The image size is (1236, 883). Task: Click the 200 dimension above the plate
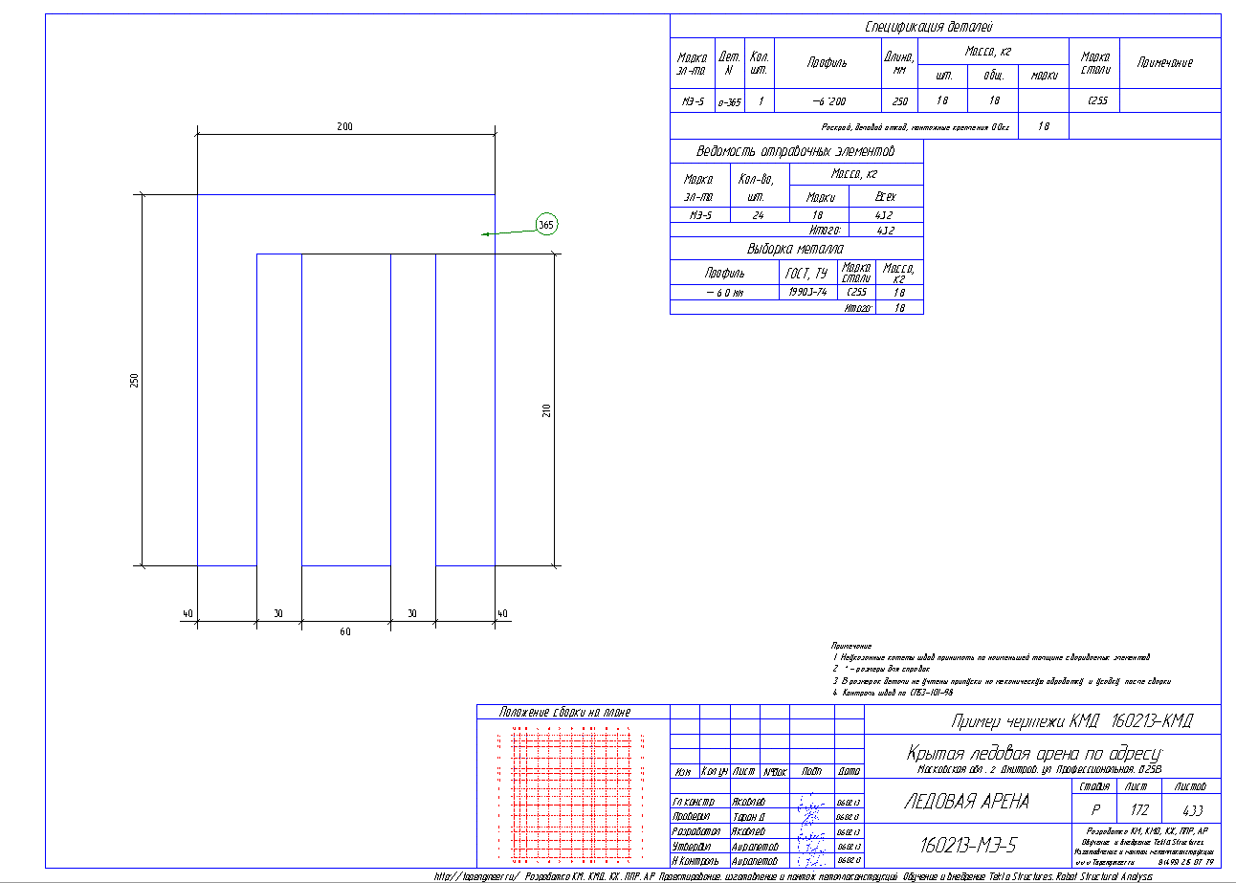click(x=345, y=126)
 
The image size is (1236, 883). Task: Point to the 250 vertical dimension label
click(x=135, y=380)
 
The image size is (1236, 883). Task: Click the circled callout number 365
click(x=545, y=225)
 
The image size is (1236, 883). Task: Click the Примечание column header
click(x=1164, y=62)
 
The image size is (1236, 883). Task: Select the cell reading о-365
click(x=729, y=100)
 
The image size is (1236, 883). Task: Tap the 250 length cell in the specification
click(x=899, y=100)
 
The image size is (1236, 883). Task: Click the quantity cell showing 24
click(x=758, y=215)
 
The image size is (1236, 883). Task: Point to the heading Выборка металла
click(x=796, y=249)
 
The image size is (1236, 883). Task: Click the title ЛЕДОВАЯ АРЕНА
click(x=966, y=802)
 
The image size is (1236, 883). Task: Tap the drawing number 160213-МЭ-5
click(x=967, y=846)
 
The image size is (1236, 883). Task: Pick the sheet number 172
click(x=1135, y=808)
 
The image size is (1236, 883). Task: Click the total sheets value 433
click(x=1192, y=808)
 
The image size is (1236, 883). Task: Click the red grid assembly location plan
click(x=572, y=794)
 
